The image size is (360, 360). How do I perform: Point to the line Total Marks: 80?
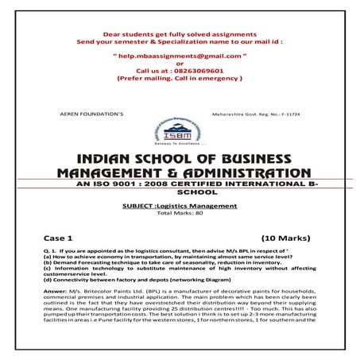180,213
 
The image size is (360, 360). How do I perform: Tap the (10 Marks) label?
289,238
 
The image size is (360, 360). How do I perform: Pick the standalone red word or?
180,64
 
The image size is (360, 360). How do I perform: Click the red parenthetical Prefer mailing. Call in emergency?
180,79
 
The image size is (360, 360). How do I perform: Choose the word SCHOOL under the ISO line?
180,192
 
